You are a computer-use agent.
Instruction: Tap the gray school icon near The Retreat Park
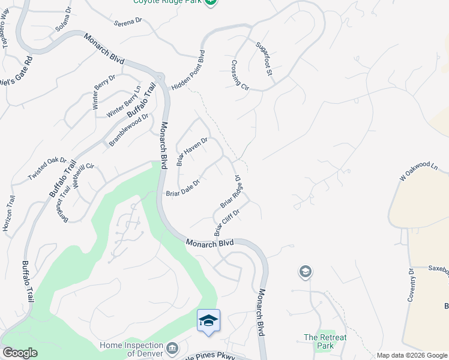(x=305, y=272)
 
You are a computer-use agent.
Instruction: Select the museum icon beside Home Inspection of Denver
(x=173, y=348)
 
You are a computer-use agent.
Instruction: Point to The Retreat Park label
(x=325, y=341)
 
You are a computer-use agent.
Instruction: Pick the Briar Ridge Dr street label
(x=231, y=193)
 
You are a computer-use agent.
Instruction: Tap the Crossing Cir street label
(x=240, y=75)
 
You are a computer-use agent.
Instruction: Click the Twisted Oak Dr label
(x=47, y=169)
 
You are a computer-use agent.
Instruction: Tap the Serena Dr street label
(x=128, y=21)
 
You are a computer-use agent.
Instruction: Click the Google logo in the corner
(x=20, y=353)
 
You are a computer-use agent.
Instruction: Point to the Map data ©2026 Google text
(x=412, y=355)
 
